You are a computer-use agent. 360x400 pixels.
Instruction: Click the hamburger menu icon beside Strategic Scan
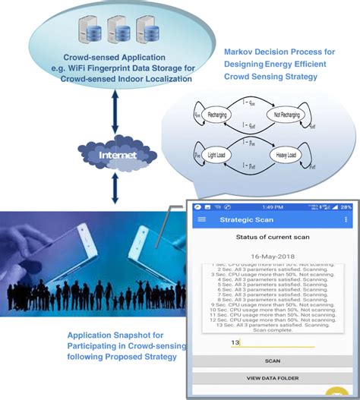pyautogui.click(x=202, y=220)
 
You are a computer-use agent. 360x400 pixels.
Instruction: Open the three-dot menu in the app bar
pyautogui.click(x=346, y=220)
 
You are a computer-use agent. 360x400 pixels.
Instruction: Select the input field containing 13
pyautogui.click(x=272, y=342)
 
